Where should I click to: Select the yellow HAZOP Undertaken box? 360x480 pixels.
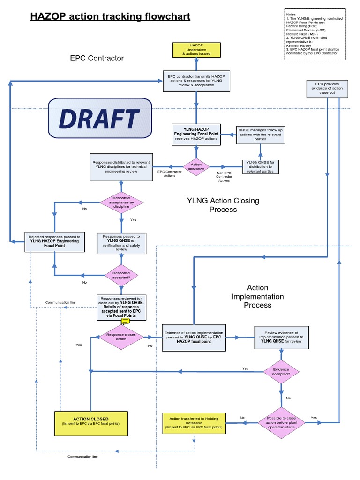click(x=196, y=50)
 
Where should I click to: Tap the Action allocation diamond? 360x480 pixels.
click(x=196, y=166)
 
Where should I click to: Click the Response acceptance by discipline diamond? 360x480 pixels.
click(x=121, y=202)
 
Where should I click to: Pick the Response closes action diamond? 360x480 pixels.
click(x=121, y=336)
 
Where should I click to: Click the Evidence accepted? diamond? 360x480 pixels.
click(x=281, y=372)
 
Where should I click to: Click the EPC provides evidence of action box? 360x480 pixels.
click(x=328, y=88)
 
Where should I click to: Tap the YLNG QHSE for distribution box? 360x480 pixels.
click(x=261, y=166)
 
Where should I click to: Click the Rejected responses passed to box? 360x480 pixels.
click(x=55, y=241)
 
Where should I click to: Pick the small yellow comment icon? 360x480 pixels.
click(x=125, y=322)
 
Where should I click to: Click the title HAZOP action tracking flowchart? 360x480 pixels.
click(x=110, y=17)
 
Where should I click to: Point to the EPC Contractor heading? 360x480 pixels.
click(x=97, y=58)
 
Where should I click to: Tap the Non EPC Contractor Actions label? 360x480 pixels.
click(x=224, y=177)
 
